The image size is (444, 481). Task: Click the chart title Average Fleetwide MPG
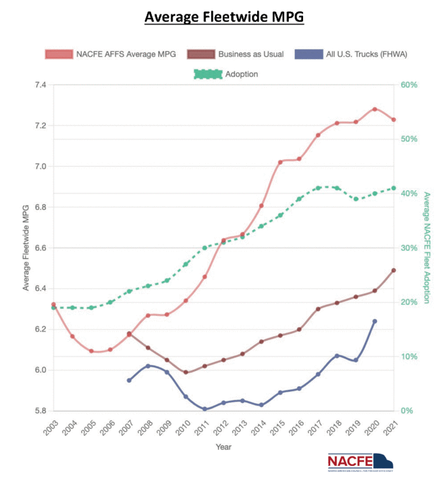[x=224, y=17]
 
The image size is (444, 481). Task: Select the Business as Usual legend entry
[x=236, y=54]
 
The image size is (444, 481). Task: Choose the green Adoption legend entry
[x=227, y=74]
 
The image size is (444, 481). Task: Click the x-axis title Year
[x=223, y=447]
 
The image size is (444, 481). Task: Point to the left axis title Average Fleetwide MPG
[x=26, y=248]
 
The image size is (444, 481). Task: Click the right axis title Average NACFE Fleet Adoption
[x=426, y=248]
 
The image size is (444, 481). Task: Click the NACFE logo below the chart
[x=360, y=462]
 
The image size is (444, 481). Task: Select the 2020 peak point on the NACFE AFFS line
[x=375, y=109]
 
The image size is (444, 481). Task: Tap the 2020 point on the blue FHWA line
[x=375, y=321]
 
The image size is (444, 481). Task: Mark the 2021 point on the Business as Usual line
[x=393, y=270]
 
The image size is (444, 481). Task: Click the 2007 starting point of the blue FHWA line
[x=129, y=380]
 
